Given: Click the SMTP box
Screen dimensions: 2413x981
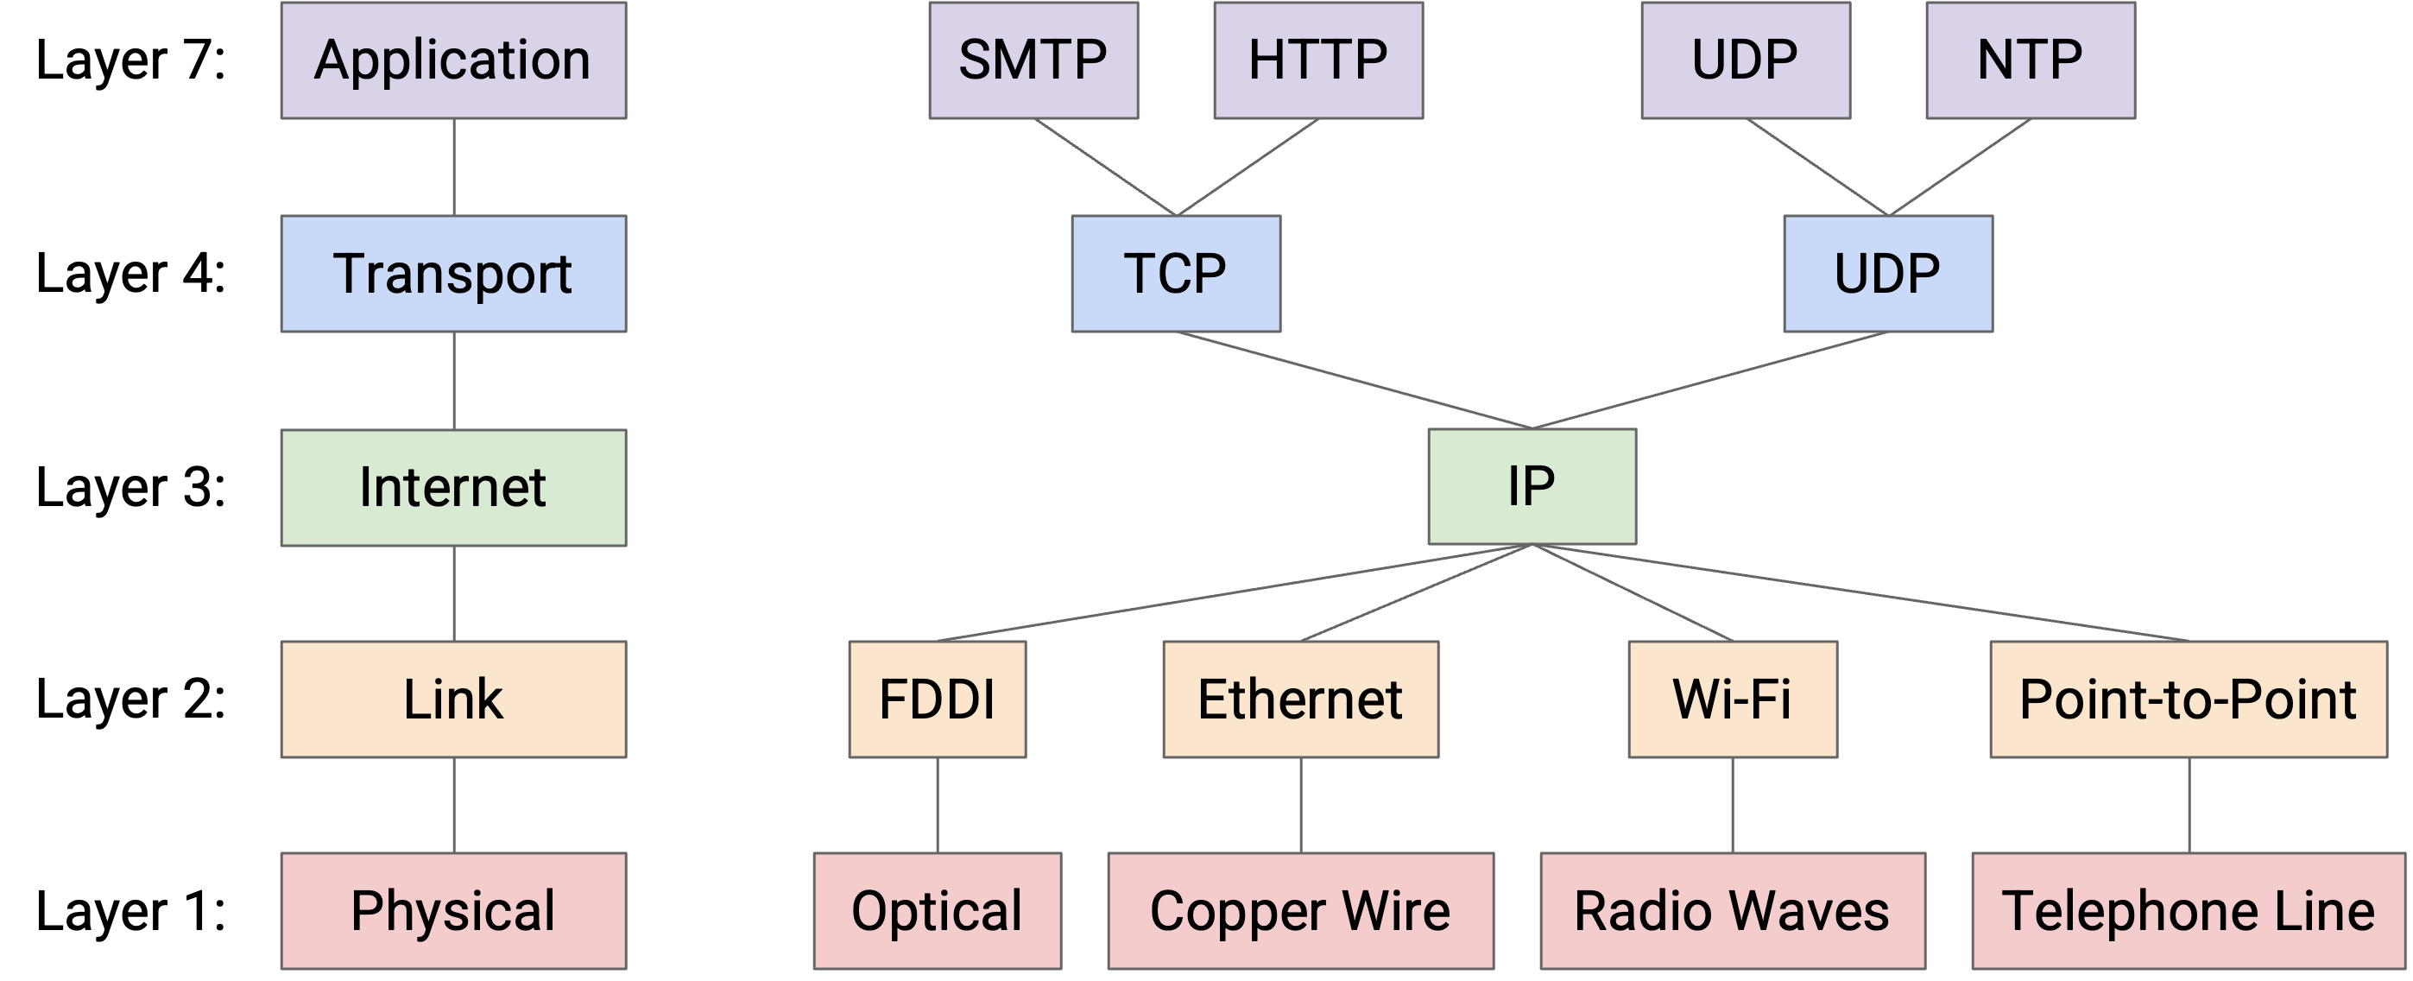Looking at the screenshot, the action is (x=1033, y=60).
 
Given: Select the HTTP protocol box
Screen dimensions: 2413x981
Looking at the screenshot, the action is (x=1318, y=60).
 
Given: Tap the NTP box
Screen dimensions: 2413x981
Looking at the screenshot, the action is (x=2031, y=60).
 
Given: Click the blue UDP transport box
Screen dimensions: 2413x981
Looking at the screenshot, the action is (x=1887, y=274).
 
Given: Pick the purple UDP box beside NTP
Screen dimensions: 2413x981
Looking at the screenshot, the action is (x=1745, y=60).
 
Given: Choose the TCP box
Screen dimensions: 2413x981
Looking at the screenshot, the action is (x=1176, y=274).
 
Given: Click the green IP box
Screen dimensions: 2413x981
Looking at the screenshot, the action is (x=1532, y=486).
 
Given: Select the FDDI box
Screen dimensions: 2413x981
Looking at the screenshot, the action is (x=937, y=699).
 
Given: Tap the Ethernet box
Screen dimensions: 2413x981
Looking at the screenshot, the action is (x=1300, y=699).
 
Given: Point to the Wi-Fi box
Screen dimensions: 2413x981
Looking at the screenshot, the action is (x=1732, y=699).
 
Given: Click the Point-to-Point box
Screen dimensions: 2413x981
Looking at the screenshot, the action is (x=2189, y=699).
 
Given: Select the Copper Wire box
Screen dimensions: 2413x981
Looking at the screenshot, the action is (x=1300, y=911).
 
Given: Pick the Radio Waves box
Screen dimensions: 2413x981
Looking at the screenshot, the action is (x=1732, y=911).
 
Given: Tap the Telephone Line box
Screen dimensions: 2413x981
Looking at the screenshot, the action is (x=2189, y=911).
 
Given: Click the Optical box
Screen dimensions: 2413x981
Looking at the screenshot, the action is (x=937, y=911).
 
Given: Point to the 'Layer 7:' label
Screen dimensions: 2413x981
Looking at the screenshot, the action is (x=131, y=60).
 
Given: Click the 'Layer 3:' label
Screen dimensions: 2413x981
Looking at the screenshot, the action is (x=131, y=487).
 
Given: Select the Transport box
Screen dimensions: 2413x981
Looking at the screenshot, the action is (x=453, y=274).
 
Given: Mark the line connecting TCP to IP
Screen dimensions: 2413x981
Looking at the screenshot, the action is (x=1355, y=381).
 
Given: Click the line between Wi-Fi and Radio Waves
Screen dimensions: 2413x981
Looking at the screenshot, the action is (x=1732, y=805).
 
